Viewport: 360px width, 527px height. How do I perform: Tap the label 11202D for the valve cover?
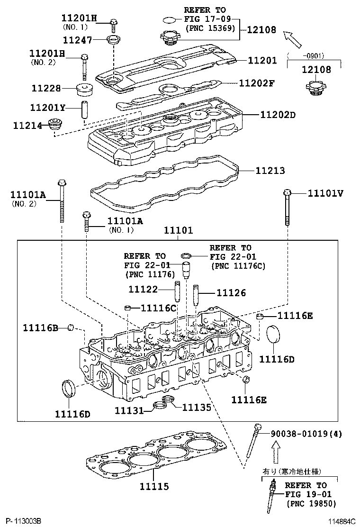tap(277, 115)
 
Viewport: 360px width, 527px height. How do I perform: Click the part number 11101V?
tap(325, 193)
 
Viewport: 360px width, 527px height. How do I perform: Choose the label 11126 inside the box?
tap(231, 293)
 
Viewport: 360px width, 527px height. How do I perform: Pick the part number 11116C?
tap(158, 308)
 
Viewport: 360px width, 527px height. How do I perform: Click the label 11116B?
tap(41, 327)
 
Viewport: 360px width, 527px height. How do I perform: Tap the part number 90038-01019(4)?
tap(306, 434)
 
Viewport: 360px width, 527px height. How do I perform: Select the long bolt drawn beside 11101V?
tap(287, 208)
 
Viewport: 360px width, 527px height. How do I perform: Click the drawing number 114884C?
tap(337, 521)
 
